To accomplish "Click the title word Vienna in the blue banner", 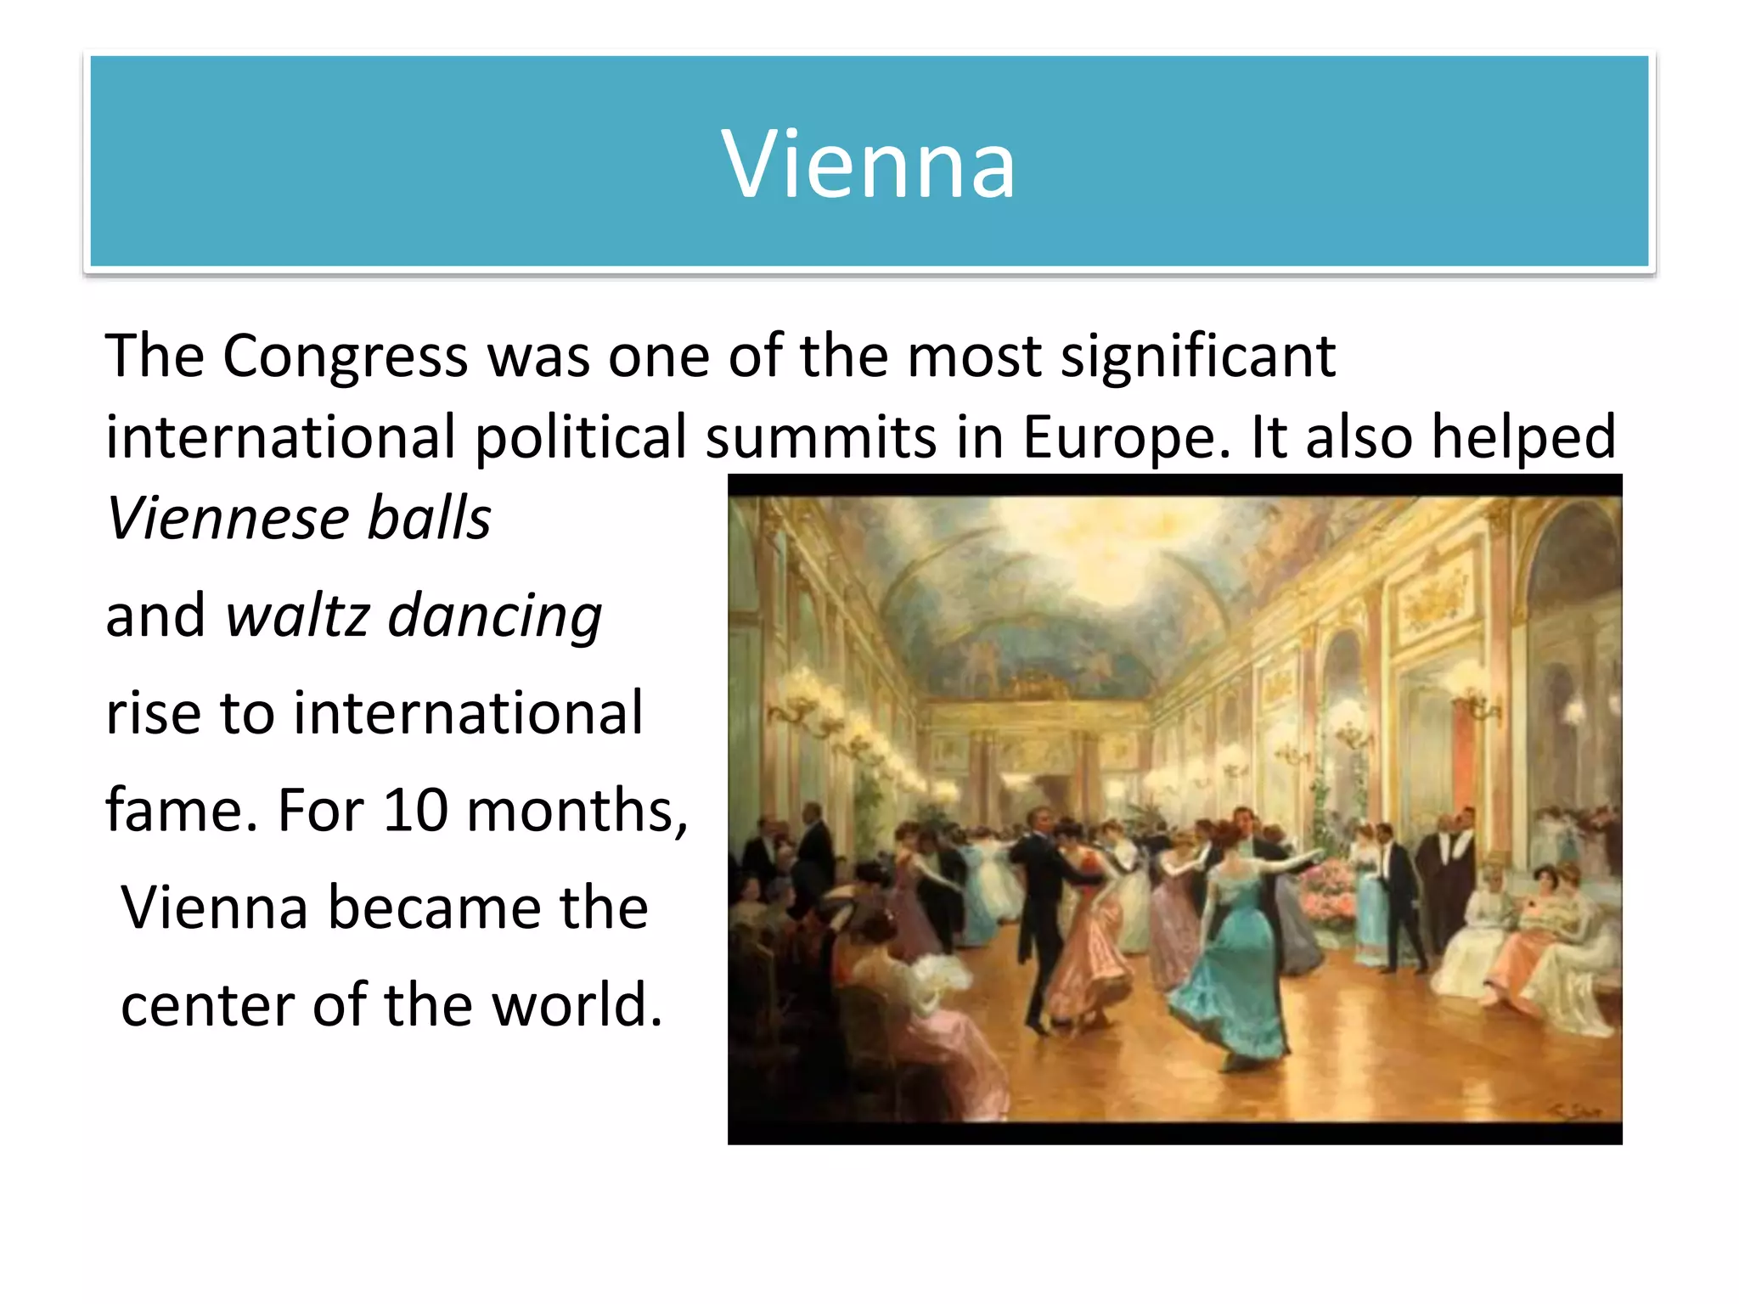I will coord(868,163).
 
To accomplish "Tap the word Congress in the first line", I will coord(346,357).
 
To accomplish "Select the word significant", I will coord(1198,357).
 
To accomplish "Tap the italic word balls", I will coord(429,518).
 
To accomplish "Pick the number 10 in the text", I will coord(415,810).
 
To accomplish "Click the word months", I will coord(577,810).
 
